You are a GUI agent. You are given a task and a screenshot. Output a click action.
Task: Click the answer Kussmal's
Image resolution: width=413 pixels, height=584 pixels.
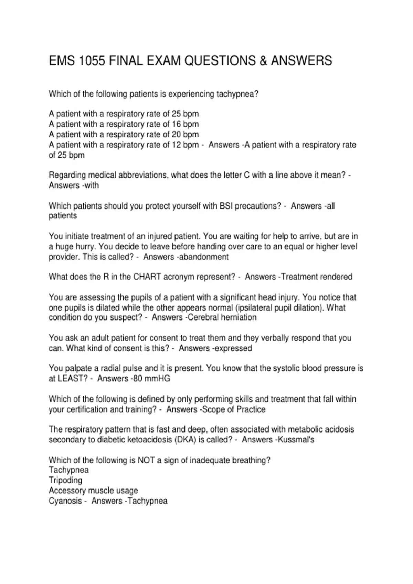[x=296, y=439]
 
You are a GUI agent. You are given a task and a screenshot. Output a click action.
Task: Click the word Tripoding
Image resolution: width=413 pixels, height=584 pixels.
[x=65, y=480]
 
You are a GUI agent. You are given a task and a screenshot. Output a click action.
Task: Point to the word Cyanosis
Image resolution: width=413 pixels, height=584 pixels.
[x=64, y=501]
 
